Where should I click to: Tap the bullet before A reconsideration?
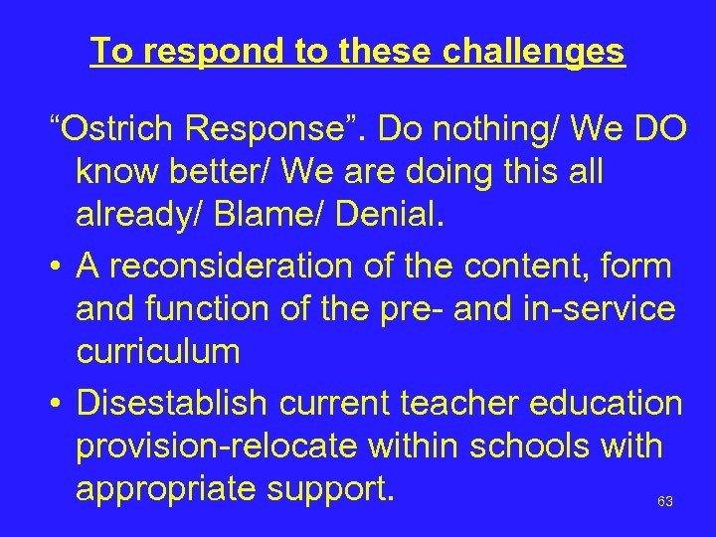(60, 267)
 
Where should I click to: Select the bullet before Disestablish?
(60, 403)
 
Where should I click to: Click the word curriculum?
(158, 351)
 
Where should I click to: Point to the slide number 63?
(665, 502)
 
